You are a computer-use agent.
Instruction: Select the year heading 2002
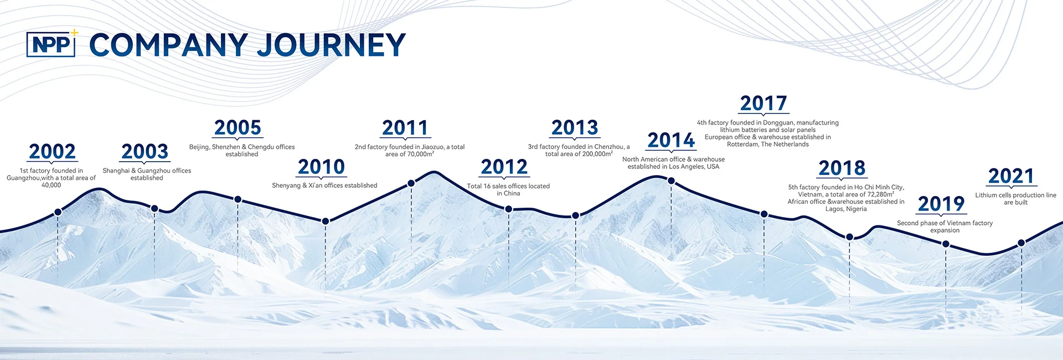click(52, 151)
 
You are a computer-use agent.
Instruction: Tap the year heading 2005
click(238, 127)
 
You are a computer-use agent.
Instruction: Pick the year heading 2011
click(405, 128)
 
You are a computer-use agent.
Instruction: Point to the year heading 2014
click(671, 140)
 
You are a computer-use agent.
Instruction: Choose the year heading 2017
click(763, 104)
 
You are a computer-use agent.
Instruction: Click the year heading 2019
click(941, 204)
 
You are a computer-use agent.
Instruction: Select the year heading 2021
click(1012, 176)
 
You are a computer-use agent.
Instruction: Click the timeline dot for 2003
click(154, 209)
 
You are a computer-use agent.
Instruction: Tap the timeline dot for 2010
click(326, 221)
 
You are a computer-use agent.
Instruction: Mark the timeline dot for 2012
click(509, 209)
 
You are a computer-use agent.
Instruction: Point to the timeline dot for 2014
click(671, 181)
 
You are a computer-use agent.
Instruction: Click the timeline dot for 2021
click(1021, 243)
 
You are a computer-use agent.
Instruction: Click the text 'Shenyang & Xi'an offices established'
click(324, 186)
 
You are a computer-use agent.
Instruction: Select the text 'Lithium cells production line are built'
click(1016, 199)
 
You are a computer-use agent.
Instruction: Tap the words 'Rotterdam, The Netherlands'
click(768, 145)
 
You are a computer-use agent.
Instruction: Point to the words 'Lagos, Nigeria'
click(846, 209)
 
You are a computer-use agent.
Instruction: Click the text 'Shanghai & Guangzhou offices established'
click(147, 174)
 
